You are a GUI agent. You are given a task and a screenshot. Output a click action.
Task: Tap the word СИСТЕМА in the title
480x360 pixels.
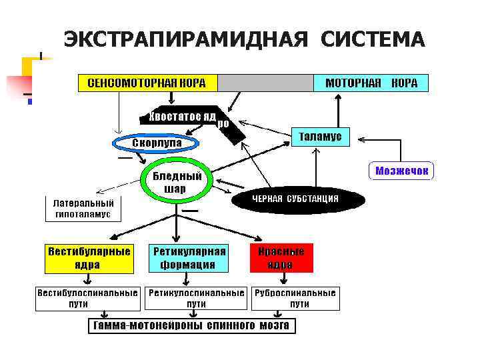tap(372, 39)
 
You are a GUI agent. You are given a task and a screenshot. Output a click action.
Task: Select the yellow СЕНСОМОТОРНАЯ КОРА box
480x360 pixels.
tap(148, 83)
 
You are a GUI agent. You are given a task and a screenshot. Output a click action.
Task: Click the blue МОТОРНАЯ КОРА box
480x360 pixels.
tap(371, 83)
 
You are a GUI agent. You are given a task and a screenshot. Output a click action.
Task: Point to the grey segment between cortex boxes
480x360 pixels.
tap(265, 83)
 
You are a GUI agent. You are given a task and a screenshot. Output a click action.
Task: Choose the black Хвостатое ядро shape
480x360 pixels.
tap(183, 117)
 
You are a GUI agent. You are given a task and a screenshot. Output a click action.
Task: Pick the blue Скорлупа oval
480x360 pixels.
tap(156, 144)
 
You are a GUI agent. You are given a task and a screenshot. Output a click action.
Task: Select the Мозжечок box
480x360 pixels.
tap(401, 171)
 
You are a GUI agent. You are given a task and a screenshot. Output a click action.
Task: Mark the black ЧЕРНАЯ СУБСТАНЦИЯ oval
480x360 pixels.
tap(295, 199)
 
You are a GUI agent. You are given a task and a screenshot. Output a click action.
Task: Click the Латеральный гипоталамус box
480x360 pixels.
tap(83, 209)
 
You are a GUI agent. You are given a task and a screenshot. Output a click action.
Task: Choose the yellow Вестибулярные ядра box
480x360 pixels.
tap(88, 258)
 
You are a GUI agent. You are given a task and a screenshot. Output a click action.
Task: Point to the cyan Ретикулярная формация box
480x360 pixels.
tap(189, 258)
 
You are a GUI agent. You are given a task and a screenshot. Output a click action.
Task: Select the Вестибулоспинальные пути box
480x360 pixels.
tap(87, 298)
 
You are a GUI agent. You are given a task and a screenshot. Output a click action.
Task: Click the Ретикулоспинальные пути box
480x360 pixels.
tap(196, 298)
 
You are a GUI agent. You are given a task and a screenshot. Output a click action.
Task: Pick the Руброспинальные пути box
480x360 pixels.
tap(295, 298)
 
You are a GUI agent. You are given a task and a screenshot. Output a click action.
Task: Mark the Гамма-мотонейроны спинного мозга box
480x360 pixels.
tap(192, 326)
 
